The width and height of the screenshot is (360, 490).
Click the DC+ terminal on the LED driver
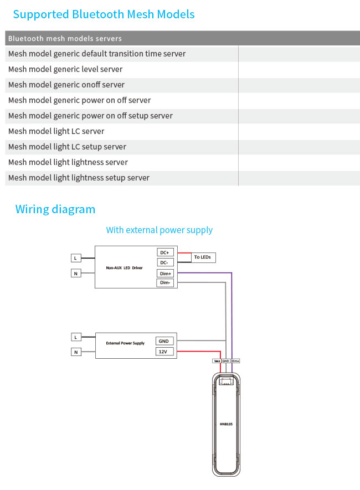[165, 252]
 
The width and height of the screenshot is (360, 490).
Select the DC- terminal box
[165, 262]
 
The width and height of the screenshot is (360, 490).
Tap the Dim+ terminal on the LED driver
[165, 273]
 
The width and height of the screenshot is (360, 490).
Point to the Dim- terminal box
[165, 283]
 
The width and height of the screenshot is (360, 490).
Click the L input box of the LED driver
[76, 258]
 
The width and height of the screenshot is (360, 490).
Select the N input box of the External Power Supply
[76, 352]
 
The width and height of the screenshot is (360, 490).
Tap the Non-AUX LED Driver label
[124, 268]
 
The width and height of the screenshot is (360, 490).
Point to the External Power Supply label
[125, 343]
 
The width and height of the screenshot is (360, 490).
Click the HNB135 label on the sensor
[226, 424]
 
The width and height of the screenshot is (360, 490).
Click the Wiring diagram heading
[55, 209]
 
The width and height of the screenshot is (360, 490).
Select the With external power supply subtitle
[160, 230]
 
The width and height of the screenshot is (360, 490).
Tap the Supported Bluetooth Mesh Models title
[104, 14]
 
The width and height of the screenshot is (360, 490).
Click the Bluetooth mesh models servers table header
[65, 39]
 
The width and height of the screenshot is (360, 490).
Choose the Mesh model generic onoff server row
[66, 85]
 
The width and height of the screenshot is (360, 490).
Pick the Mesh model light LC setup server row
[67, 147]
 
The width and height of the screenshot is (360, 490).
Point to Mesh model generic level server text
[65, 69]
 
